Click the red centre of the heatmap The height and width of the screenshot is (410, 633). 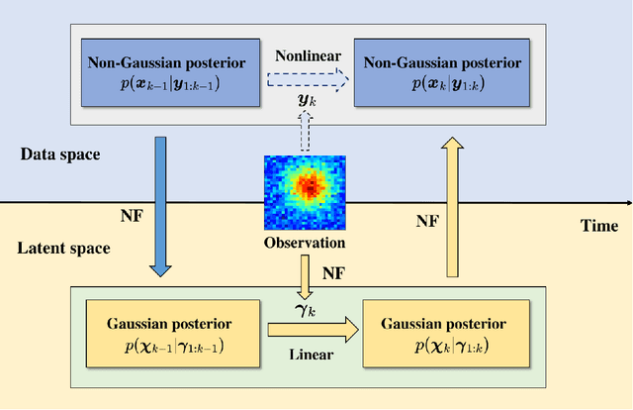click(x=310, y=183)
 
